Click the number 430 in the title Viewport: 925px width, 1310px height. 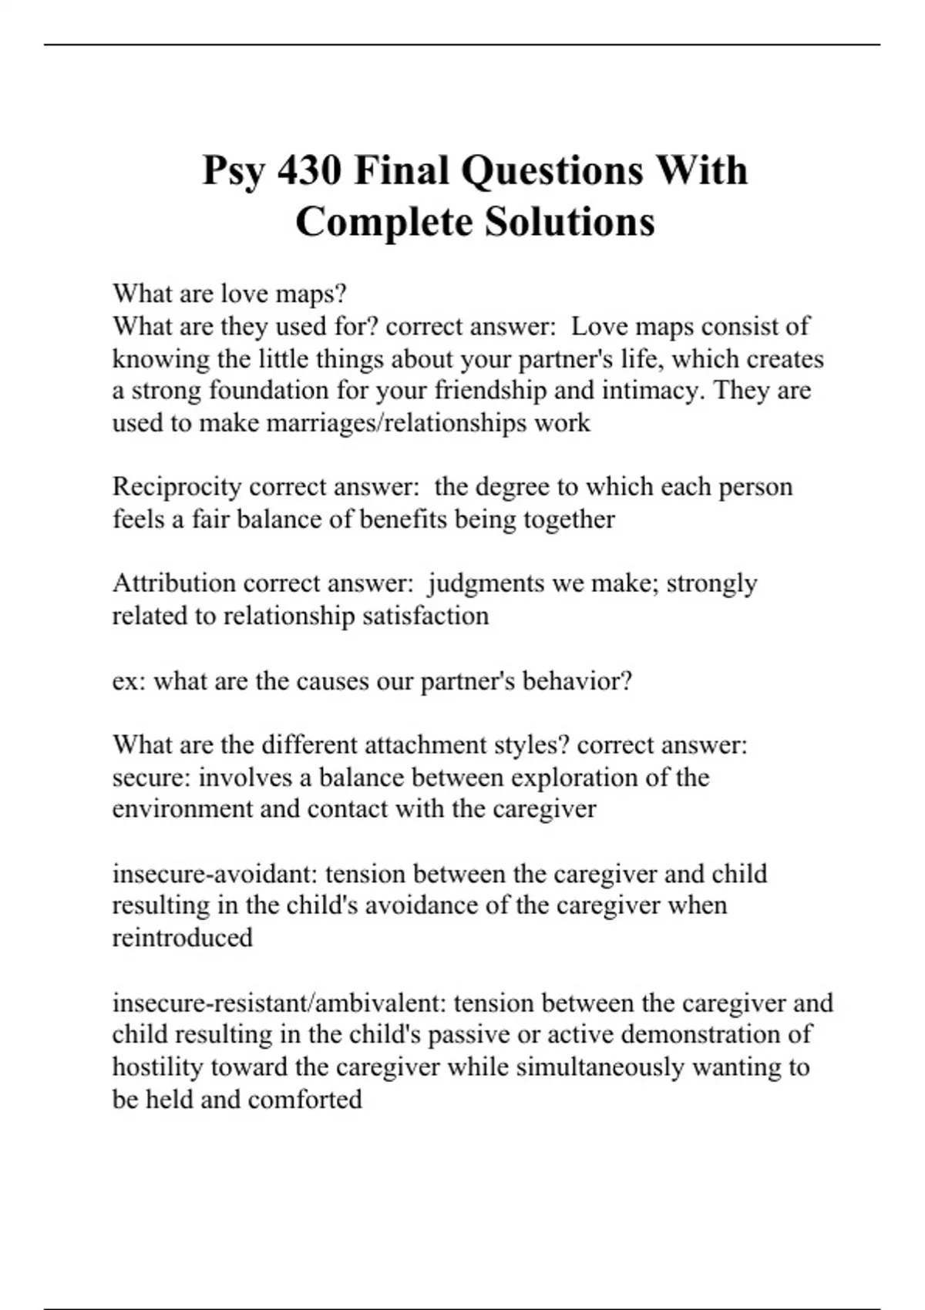(x=308, y=170)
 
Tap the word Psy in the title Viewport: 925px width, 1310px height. (x=234, y=172)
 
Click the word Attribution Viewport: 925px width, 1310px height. (x=173, y=583)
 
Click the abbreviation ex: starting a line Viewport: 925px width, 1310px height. (x=129, y=682)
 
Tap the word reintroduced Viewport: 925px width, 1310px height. (x=183, y=938)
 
